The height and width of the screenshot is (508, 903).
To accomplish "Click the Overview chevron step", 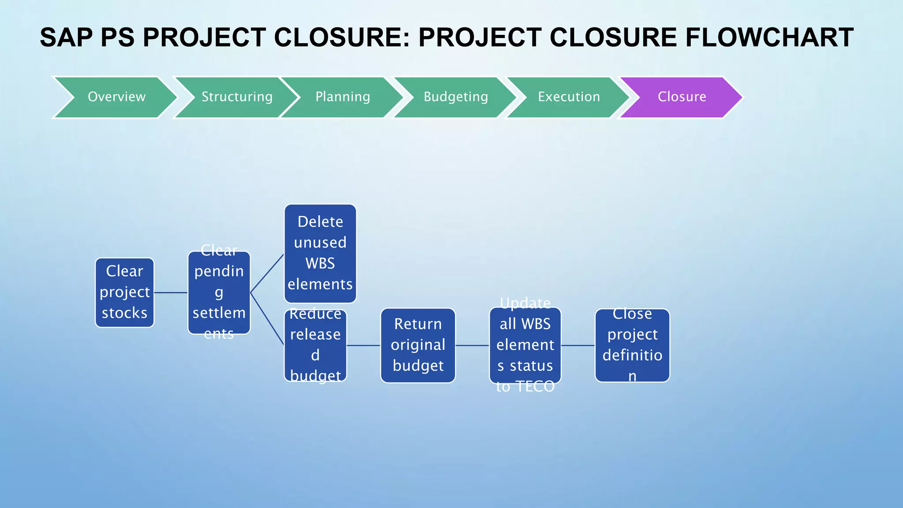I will click(x=116, y=97).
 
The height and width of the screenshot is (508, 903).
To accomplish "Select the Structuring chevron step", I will click(x=237, y=97).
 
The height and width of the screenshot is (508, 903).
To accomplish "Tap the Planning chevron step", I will click(x=343, y=97).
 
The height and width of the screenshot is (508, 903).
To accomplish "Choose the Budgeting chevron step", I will click(x=455, y=97).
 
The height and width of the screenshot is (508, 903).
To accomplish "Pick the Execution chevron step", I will click(x=569, y=97).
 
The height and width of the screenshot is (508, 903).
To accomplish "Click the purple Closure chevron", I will click(x=682, y=97).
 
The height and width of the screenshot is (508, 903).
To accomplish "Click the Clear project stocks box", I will click(x=125, y=292).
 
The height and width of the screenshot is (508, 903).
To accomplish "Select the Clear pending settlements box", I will click(x=219, y=292).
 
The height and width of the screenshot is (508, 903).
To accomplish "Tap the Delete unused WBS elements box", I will click(x=320, y=253).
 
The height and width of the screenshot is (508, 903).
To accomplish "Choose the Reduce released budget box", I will click(x=315, y=345).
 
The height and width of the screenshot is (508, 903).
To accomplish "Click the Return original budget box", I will click(x=418, y=345).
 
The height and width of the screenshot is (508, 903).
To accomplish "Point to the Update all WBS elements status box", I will click(x=525, y=345).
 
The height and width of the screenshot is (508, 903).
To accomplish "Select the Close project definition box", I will click(x=632, y=345).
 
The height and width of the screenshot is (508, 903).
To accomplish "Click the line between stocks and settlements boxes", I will click(x=171, y=292).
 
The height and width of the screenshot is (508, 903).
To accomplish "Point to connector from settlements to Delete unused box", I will click(x=267, y=273).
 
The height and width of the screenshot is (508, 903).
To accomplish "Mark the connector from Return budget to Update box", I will click(x=472, y=345).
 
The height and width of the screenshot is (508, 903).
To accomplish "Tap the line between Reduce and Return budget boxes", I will click(x=363, y=345).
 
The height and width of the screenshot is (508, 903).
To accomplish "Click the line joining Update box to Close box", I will click(x=578, y=345).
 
